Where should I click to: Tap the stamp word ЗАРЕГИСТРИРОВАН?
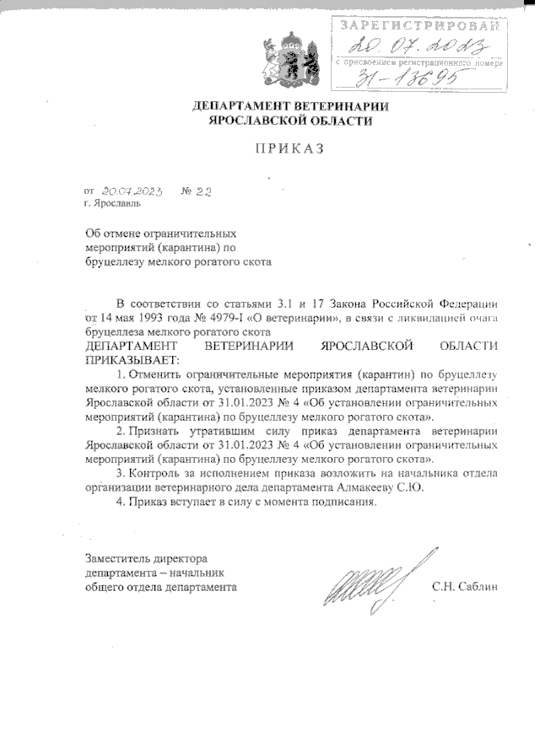(419, 25)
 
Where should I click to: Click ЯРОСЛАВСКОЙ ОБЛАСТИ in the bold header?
(290, 121)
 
